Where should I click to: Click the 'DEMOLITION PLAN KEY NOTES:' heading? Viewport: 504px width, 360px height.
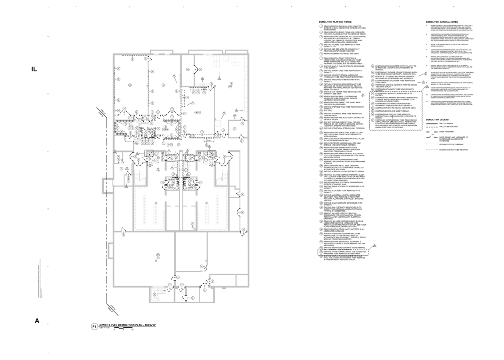tap(335, 22)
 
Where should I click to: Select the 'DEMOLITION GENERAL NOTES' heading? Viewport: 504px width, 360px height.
tap(442, 22)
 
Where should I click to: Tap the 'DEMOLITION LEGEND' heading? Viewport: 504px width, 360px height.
tap(437, 120)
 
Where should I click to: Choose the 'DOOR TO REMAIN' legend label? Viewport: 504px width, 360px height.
tap(446, 132)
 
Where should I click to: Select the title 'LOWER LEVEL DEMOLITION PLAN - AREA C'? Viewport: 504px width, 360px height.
tap(127, 325)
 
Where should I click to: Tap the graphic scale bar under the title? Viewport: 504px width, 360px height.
tap(123, 328)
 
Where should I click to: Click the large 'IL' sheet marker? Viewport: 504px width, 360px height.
tap(34, 69)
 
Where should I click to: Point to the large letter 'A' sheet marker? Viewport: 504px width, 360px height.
tap(37, 321)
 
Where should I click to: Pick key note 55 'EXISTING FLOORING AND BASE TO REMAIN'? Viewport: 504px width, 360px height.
tap(392, 111)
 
